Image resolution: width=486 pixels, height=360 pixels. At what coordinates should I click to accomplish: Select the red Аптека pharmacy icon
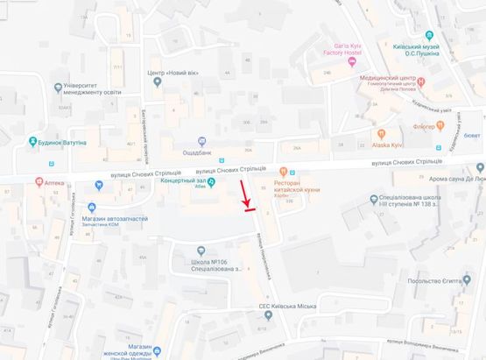(37, 182)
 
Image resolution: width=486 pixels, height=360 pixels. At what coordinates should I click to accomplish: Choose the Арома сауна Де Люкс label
(451, 180)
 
